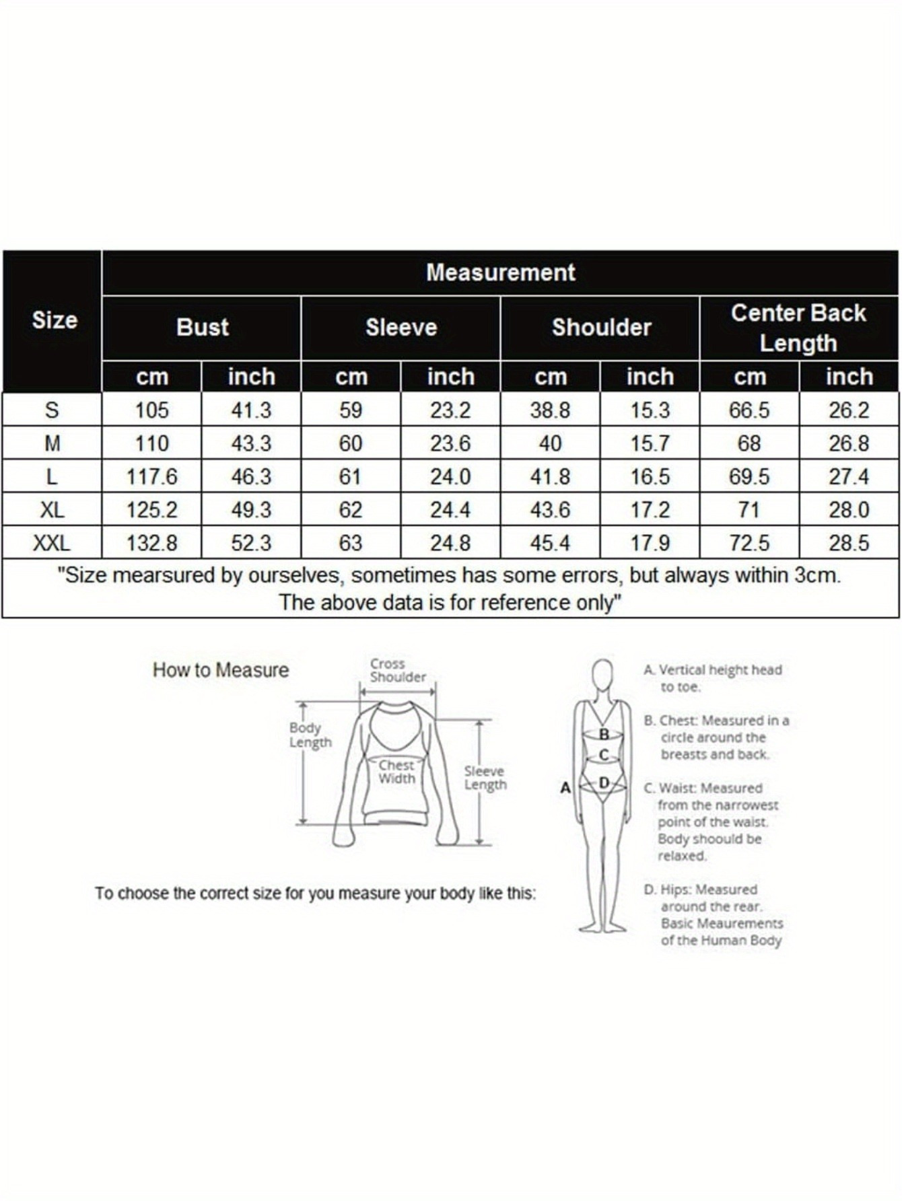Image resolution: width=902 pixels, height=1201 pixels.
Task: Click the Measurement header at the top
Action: tap(500, 272)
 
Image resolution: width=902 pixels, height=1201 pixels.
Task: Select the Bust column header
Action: tap(202, 327)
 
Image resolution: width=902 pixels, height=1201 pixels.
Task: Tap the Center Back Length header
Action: tap(798, 328)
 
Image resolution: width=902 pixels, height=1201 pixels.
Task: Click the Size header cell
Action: tap(54, 320)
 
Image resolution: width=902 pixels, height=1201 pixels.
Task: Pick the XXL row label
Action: tap(52, 543)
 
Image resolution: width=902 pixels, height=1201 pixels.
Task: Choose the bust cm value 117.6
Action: tap(152, 476)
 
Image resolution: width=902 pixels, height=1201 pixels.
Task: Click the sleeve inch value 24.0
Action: tap(450, 476)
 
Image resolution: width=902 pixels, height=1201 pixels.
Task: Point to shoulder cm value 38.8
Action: tap(550, 410)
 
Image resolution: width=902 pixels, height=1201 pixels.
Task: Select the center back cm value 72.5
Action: tap(749, 543)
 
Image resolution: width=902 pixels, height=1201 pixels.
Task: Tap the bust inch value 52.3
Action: tap(251, 543)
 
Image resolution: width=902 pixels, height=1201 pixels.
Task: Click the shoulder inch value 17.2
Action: tap(650, 510)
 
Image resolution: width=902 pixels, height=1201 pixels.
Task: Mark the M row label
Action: tap(52, 443)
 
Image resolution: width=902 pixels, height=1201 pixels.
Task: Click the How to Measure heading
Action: tap(221, 670)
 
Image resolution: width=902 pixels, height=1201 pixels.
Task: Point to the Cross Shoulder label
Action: tap(397, 670)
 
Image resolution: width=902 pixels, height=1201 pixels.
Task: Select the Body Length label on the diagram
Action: tap(310, 735)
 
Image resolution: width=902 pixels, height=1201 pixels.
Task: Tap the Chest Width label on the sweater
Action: tap(396, 772)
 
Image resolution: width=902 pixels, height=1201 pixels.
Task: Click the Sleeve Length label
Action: tap(485, 778)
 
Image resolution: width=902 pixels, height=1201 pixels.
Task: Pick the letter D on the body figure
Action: tap(604, 783)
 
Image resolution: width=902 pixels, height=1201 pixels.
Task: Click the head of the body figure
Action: tap(602, 673)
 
